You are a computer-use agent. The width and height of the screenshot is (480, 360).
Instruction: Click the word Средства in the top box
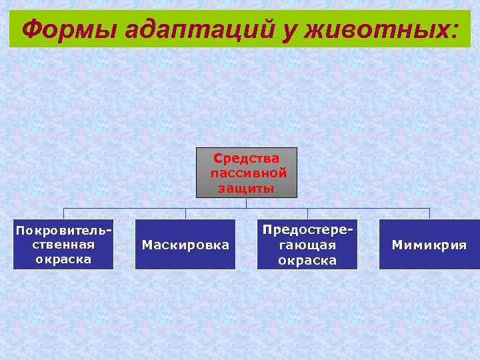(247, 159)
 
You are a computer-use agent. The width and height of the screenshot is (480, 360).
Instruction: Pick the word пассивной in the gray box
(247, 173)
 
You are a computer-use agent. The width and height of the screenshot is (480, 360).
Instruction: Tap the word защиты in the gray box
(247, 188)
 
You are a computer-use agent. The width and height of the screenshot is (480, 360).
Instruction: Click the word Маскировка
(185, 245)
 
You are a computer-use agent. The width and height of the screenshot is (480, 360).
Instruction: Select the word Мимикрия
(429, 245)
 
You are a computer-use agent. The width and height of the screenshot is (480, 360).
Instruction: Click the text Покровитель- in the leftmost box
(63, 231)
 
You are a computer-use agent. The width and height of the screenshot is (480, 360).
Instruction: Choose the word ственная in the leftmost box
(63, 245)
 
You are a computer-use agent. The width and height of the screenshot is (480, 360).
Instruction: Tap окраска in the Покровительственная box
(63, 259)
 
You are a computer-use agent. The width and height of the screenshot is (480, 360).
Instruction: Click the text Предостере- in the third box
(307, 229)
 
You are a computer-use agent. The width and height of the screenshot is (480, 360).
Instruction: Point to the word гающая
(307, 245)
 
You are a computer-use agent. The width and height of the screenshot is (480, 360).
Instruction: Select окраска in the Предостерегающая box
(307, 260)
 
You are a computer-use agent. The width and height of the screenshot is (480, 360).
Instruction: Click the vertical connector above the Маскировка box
(185, 213)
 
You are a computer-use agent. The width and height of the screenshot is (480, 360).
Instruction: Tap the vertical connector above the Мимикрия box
(429, 213)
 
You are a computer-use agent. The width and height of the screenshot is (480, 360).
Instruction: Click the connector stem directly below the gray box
(247, 203)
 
